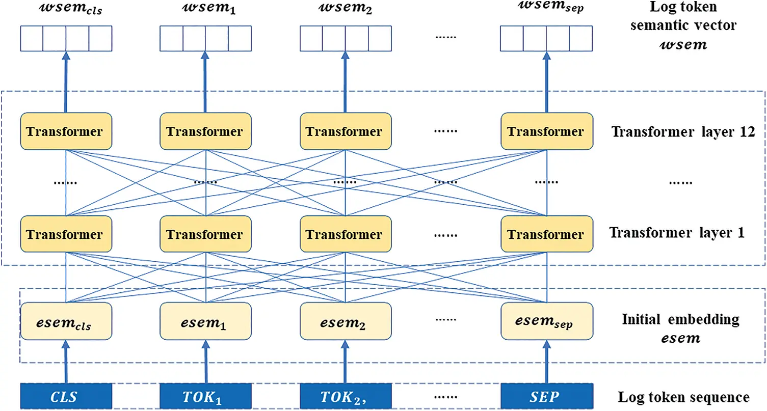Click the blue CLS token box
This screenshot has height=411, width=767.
pos(65,396)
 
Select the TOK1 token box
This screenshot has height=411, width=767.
pos(205,396)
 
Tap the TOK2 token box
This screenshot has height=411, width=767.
pos(346,396)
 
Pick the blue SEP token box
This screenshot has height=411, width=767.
pos(546,396)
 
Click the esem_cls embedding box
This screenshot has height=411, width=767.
pos(65,321)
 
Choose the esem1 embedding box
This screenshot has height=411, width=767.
pos(205,321)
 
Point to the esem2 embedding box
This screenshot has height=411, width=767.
pos(346,321)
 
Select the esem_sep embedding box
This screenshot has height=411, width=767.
pos(546,321)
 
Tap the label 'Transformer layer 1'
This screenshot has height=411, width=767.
pos(677,233)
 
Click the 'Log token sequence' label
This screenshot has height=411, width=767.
pos(683,397)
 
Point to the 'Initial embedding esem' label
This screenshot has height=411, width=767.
pos(680,328)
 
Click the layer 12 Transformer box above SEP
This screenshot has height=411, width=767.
pos(546,131)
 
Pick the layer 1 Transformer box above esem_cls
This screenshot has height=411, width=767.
pos(65,234)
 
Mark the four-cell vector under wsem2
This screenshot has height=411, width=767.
pos(346,38)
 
